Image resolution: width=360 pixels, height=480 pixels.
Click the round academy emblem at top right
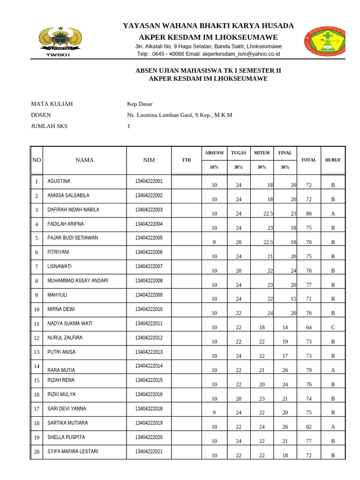click(x=325, y=41)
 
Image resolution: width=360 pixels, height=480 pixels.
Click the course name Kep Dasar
click(x=140, y=104)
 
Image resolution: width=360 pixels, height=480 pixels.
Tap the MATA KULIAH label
click(x=52, y=104)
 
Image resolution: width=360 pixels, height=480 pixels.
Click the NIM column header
click(x=149, y=160)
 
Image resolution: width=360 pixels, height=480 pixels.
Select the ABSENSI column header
click(x=214, y=153)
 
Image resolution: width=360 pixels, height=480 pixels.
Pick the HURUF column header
click(x=333, y=160)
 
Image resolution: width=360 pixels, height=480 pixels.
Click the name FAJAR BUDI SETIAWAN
click(x=73, y=238)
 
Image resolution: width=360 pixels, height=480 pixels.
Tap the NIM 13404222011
click(x=149, y=323)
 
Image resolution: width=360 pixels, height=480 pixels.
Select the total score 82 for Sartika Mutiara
click(x=308, y=427)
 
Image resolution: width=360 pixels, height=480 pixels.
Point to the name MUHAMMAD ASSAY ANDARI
click(x=78, y=281)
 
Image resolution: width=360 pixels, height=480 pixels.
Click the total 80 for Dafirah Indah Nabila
click(x=308, y=214)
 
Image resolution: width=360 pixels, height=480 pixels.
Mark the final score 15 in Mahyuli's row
click(x=293, y=299)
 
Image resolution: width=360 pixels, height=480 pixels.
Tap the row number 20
click(x=36, y=452)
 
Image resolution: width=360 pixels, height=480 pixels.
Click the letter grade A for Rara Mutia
click(x=333, y=370)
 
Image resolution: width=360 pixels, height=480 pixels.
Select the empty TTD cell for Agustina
click(x=187, y=182)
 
